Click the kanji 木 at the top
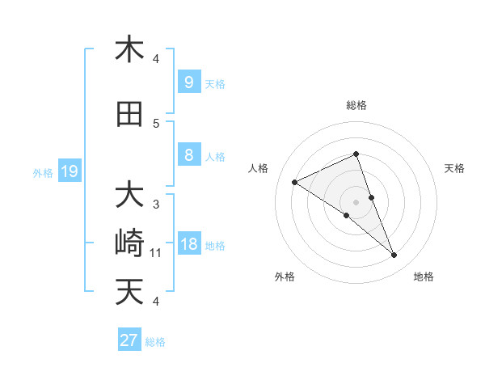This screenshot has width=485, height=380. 129,50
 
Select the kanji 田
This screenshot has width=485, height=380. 129,115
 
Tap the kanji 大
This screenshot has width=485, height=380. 129,196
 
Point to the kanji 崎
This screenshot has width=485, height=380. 129,243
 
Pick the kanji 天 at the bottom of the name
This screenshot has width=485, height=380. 129,291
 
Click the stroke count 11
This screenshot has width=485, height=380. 156,253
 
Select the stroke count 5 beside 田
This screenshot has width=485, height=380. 156,124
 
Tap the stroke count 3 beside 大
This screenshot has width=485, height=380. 156,205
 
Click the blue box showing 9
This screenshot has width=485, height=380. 188,82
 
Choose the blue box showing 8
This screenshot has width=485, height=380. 188,155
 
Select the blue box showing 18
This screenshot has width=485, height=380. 188,244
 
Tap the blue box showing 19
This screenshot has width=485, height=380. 69,171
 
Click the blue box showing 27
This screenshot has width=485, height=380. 129,340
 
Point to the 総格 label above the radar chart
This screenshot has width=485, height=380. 356,105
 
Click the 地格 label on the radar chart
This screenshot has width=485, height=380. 424,277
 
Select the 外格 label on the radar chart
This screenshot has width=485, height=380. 285,277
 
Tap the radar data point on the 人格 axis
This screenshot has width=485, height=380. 294,182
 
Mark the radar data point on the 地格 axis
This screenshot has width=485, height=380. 394,255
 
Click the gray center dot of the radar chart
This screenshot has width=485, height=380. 356,201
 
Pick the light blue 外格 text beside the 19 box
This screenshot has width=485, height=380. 43,172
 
